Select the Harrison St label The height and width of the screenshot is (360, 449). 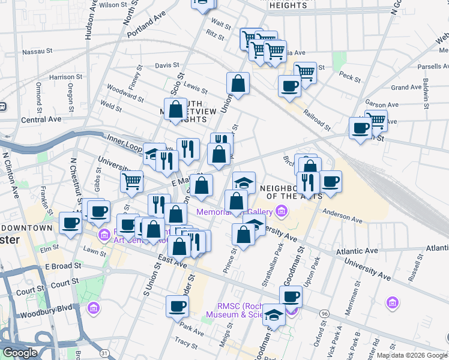(x=66, y=77)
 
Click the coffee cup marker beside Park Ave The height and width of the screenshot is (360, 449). (x=177, y=305)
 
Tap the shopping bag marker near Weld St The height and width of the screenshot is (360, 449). (x=176, y=110)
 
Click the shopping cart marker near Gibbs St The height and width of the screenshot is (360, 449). (x=131, y=180)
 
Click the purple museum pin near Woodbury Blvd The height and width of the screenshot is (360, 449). (x=93, y=309)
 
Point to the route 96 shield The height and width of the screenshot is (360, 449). (x=324, y=314)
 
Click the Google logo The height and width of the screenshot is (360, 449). (x=19, y=353)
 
